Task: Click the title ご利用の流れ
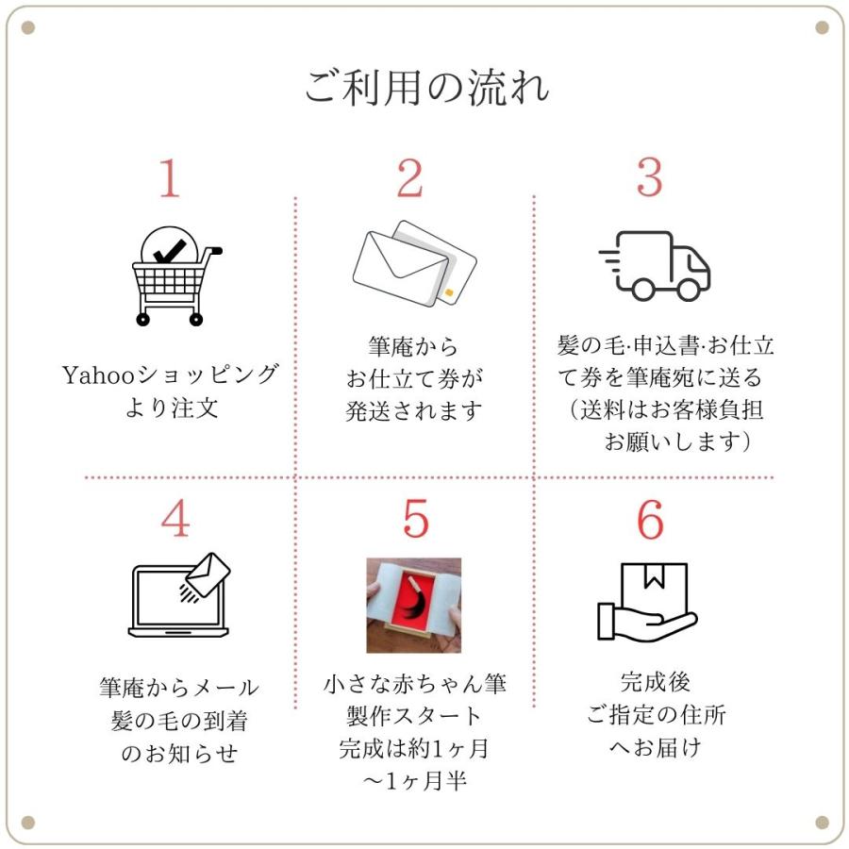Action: coord(426,88)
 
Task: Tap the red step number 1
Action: coord(170,177)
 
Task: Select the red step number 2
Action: coord(409,177)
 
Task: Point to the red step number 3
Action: coord(649,177)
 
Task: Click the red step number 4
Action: coord(175,518)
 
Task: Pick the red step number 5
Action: coord(416,519)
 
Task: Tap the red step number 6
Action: coord(650,519)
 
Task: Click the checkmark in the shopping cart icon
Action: coord(170,252)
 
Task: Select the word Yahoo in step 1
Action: coord(98,375)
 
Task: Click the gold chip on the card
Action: coord(448,293)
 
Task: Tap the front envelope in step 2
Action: coord(400,269)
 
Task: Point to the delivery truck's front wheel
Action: coord(690,290)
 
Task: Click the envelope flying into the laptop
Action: coord(208,574)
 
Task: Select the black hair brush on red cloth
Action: coord(414,602)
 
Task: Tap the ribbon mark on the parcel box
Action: coord(654,576)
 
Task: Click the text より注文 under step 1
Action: coord(172,408)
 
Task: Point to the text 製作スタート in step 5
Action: coord(414,716)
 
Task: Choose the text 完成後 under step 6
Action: coord(656,682)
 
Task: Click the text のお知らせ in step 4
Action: coord(179,753)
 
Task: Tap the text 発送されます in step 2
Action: coord(414,411)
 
